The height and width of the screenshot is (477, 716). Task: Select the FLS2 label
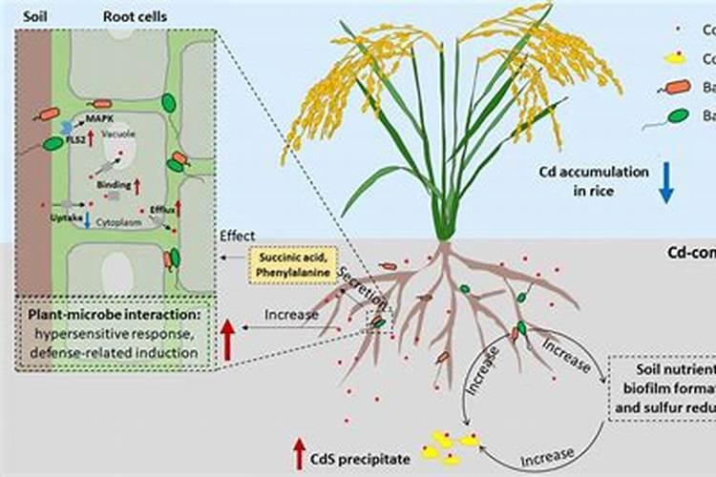click(x=73, y=137)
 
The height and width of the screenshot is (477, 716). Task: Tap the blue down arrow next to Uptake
click(x=87, y=218)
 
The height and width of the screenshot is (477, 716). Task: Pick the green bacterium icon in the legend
click(x=678, y=116)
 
